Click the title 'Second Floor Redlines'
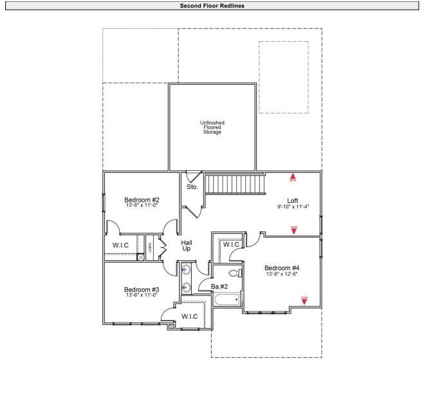(x=212, y=6)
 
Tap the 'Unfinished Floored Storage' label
(x=212, y=127)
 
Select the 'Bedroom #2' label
(x=142, y=200)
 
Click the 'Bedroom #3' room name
(x=142, y=290)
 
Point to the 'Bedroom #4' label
(x=282, y=268)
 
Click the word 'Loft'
(x=292, y=200)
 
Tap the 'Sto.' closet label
(x=192, y=187)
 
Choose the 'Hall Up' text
(x=187, y=245)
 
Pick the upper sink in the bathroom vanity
(x=186, y=270)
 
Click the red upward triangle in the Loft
(x=293, y=177)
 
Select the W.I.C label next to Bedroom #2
(x=121, y=245)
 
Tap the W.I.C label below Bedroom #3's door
(x=189, y=316)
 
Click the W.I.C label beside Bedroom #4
(x=231, y=245)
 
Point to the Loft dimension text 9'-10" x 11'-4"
(x=293, y=207)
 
